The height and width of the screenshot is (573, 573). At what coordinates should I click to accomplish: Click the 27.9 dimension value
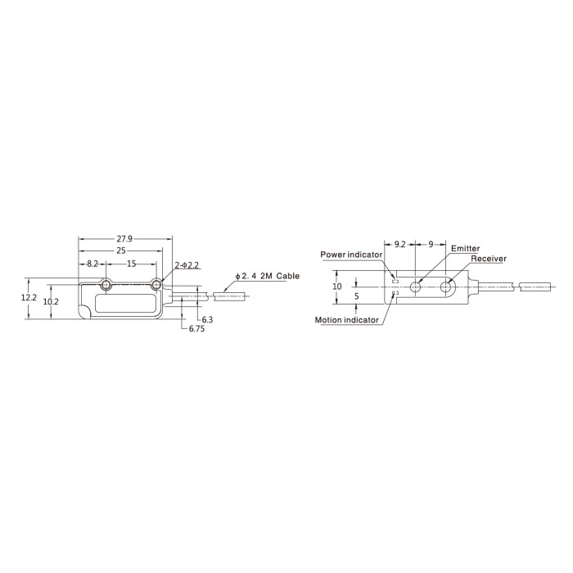click(x=124, y=239)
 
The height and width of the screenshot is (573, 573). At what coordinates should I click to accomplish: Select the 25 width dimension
click(x=121, y=250)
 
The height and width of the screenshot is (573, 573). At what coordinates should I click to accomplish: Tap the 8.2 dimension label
click(x=92, y=264)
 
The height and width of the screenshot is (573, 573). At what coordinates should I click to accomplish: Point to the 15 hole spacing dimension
click(x=132, y=264)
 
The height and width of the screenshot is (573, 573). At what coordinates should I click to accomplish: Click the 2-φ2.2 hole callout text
click(x=187, y=265)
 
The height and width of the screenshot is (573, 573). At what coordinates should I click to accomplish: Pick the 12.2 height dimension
click(x=29, y=297)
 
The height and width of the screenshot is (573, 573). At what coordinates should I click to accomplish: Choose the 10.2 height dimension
click(x=51, y=302)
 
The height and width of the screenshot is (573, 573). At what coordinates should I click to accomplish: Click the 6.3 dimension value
click(x=207, y=320)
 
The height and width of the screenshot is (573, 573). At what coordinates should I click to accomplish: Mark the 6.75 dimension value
click(x=196, y=329)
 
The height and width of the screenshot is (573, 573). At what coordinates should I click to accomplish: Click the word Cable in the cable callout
click(x=287, y=276)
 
